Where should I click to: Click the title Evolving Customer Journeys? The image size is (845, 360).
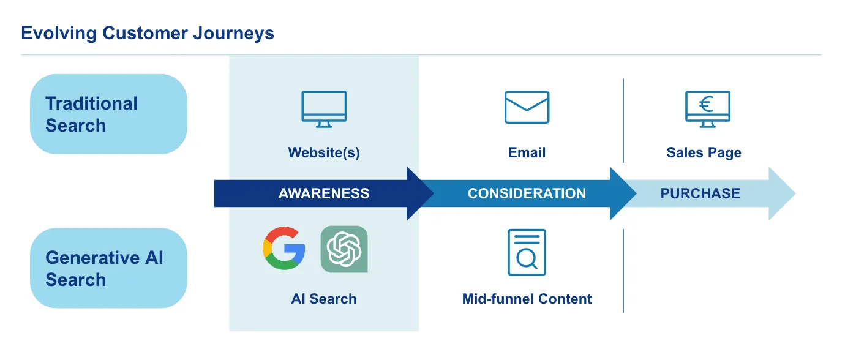point(148,33)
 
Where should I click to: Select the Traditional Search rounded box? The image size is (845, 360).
point(108,114)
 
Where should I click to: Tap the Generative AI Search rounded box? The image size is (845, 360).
point(108,268)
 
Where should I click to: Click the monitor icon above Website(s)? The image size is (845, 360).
point(324,109)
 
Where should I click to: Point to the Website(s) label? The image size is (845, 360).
point(324,152)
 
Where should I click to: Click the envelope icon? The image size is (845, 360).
point(527,107)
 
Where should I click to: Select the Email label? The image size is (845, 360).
point(527,152)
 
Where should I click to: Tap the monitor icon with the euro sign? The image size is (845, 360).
point(707,109)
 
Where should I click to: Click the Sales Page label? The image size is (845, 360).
point(704,152)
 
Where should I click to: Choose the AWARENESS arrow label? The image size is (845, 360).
point(324,194)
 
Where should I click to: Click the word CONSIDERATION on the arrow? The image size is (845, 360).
point(527,194)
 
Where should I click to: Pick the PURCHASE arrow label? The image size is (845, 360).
point(700,194)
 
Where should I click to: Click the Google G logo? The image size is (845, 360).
point(284,249)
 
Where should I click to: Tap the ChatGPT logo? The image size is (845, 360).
point(344,249)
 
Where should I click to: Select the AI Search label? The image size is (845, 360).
point(324,299)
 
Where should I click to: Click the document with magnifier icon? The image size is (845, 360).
point(527,252)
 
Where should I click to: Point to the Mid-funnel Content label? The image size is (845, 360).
point(527,299)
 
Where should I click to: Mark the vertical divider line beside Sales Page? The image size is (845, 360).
point(623,121)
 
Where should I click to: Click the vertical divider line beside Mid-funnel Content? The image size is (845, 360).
point(623,271)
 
